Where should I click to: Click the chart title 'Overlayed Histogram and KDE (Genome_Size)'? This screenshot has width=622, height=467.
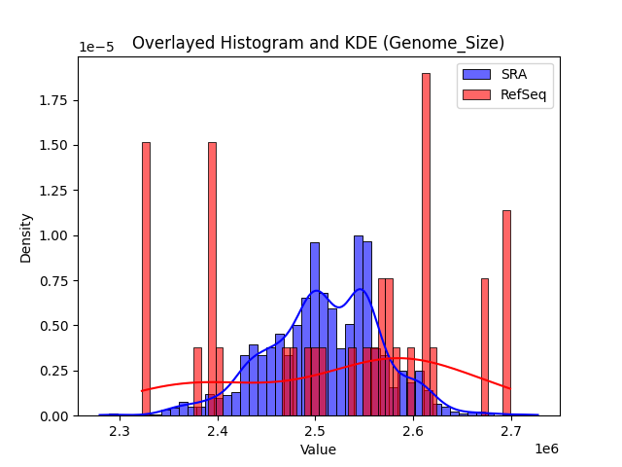[318, 43]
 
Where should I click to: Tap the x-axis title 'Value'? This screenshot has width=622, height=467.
[318, 449]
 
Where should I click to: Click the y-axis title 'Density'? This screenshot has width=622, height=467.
[26, 236]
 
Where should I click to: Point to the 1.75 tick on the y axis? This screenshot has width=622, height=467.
[54, 100]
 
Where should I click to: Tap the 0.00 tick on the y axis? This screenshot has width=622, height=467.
[54, 415]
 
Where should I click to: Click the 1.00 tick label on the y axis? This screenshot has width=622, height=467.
[54, 235]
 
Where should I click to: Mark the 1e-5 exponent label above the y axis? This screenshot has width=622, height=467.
[95, 48]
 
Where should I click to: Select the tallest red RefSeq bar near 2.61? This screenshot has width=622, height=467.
[426, 243]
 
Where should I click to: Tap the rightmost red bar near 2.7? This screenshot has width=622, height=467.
[506, 312]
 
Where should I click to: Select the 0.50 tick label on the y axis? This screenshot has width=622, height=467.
[54, 326]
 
